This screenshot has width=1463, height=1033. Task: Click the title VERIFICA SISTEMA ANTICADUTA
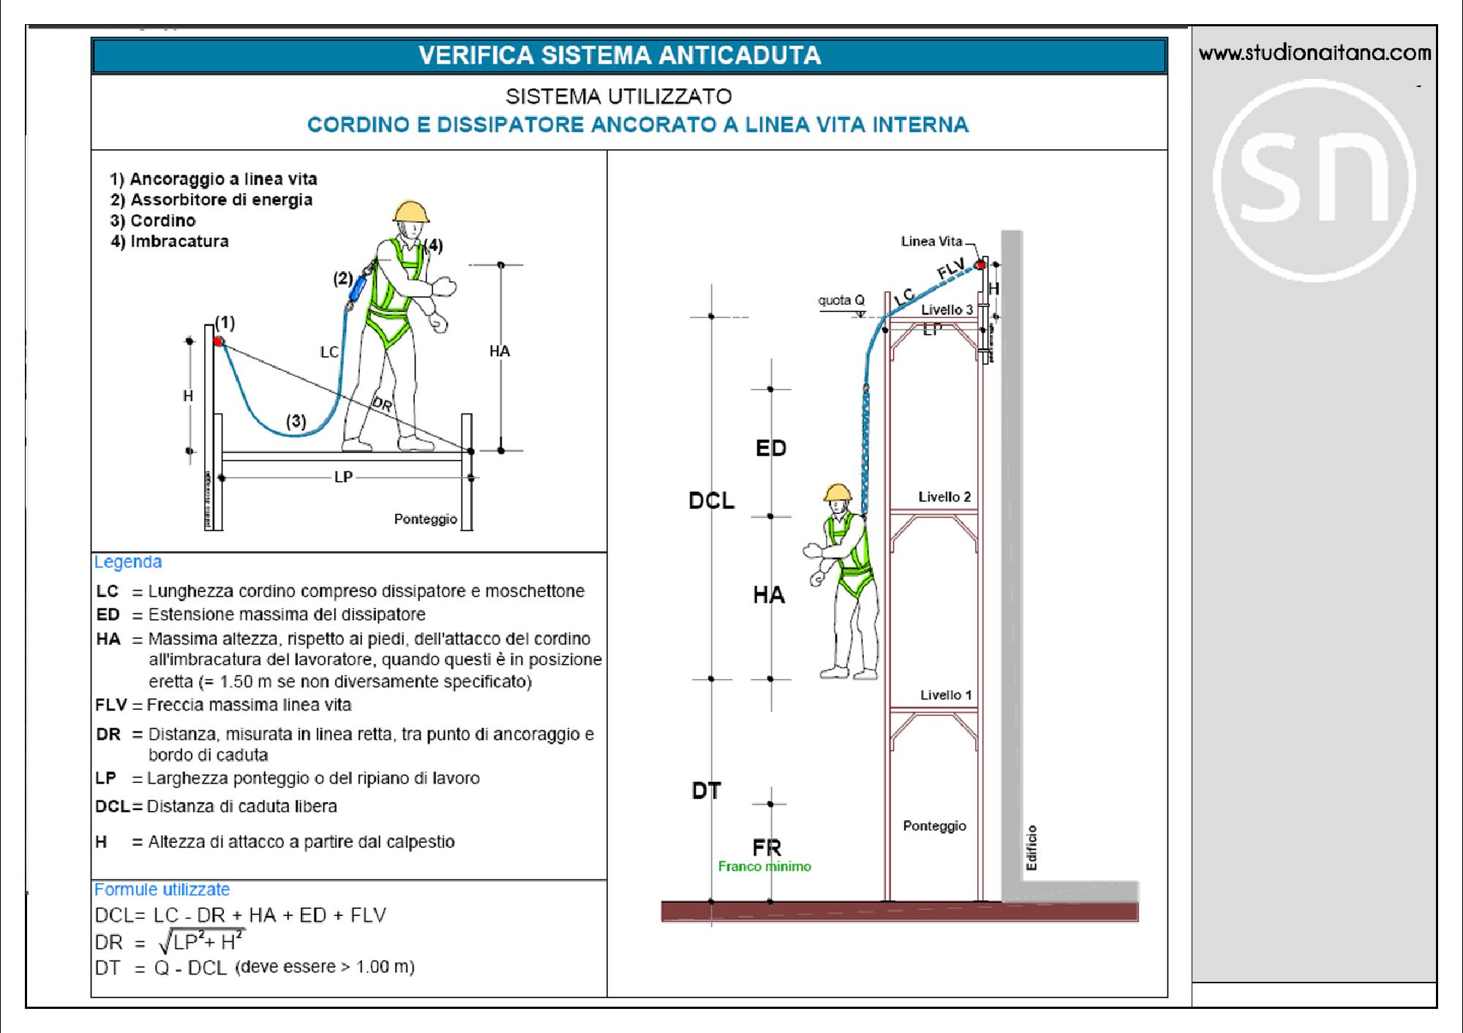[620, 56]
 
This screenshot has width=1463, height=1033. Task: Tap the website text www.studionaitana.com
[1315, 53]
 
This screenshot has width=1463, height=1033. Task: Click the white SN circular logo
[1315, 180]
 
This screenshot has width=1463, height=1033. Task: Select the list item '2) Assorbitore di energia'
[211, 200]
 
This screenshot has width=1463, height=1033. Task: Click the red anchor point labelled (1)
[218, 341]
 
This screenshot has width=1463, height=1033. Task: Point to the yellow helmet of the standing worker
[410, 211]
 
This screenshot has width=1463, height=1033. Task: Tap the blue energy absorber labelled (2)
[357, 287]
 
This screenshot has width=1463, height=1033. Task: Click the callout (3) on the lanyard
[296, 421]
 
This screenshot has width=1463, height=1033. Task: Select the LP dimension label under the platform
[343, 477]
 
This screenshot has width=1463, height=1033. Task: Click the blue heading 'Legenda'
[128, 561]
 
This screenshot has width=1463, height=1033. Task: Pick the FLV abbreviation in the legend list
[110, 705]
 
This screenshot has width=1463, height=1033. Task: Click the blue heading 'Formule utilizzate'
[162, 889]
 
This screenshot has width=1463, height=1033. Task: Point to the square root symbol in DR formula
[165, 942]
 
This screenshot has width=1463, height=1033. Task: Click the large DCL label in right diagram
[711, 501]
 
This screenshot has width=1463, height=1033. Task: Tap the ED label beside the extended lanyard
[770, 447]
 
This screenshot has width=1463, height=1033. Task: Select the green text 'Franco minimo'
[764, 866]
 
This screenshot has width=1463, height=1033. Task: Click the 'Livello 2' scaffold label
[944, 497]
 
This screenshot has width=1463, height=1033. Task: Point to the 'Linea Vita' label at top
[931, 241]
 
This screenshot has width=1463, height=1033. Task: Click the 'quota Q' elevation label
[841, 300]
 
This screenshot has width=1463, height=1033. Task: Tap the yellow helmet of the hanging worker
[838, 492]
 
